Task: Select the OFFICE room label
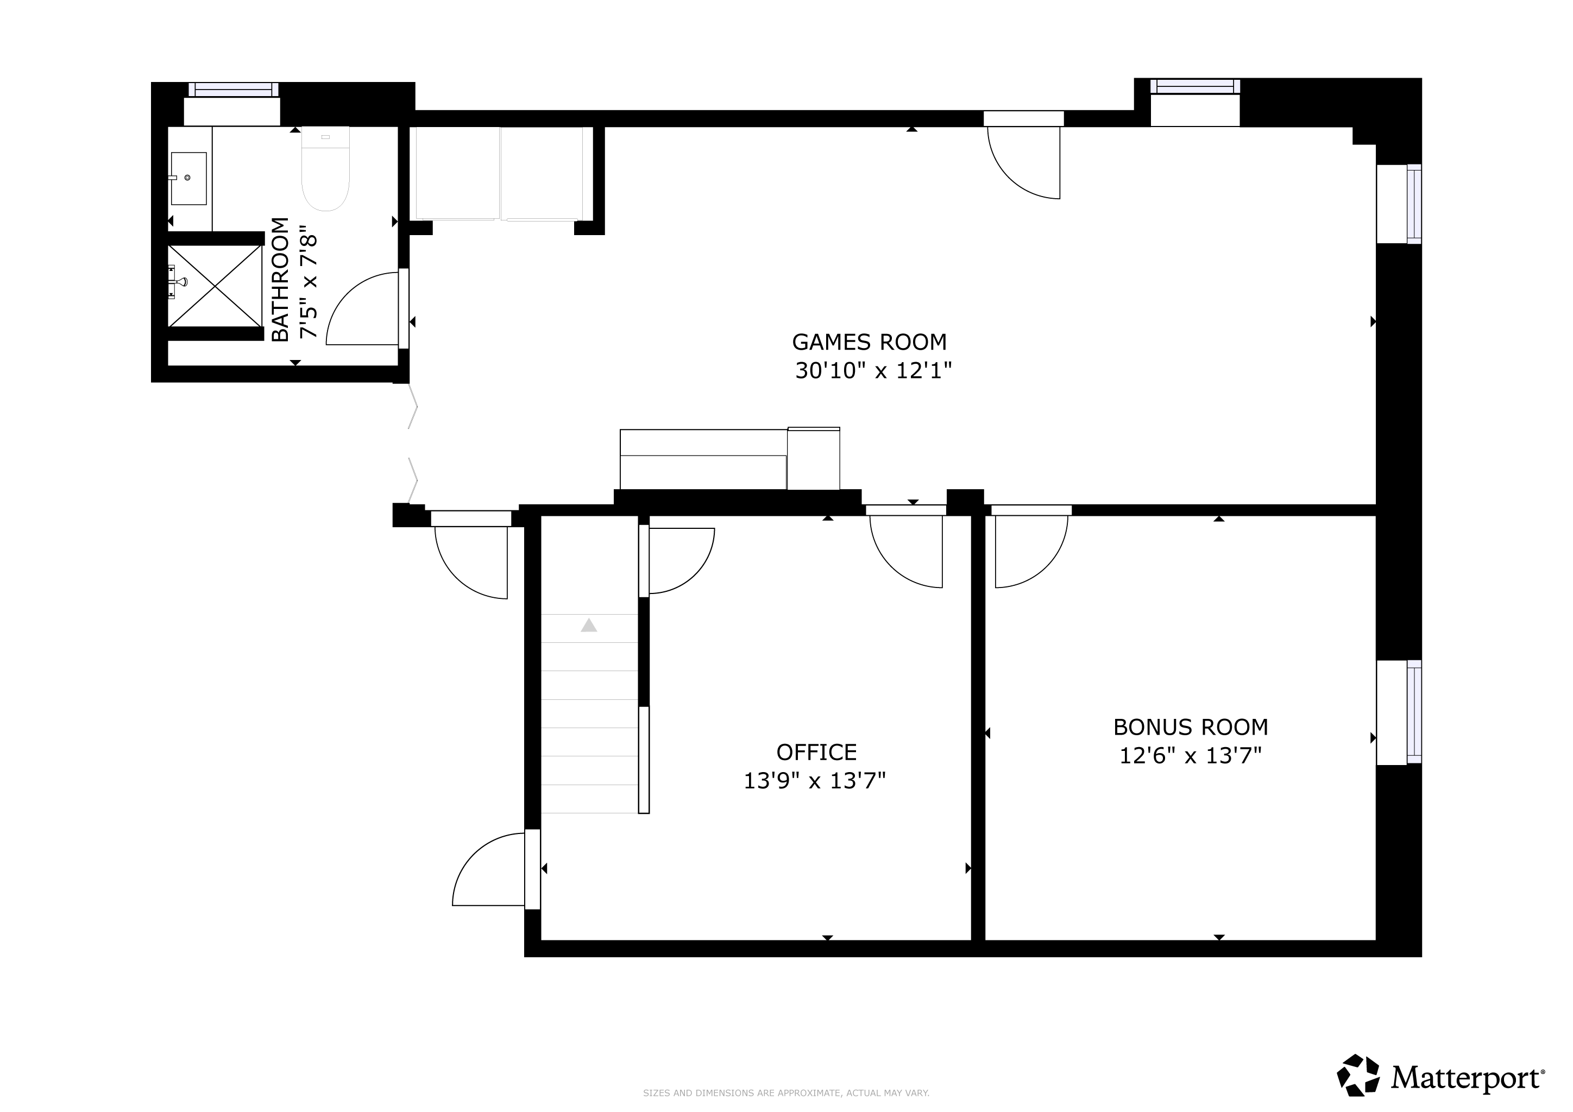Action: (x=816, y=753)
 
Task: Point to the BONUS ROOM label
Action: (x=1191, y=727)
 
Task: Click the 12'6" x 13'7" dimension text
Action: (x=1191, y=756)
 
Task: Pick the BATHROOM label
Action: (x=280, y=280)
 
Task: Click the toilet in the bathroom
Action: (x=325, y=168)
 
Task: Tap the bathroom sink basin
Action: (x=188, y=178)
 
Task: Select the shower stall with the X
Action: (x=215, y=286)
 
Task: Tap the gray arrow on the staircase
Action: (x=589, y=625)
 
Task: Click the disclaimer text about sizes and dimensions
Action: (x=786, y=1093)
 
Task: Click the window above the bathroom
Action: (x=234, y=89)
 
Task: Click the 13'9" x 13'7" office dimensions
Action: (x=815, y=781)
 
